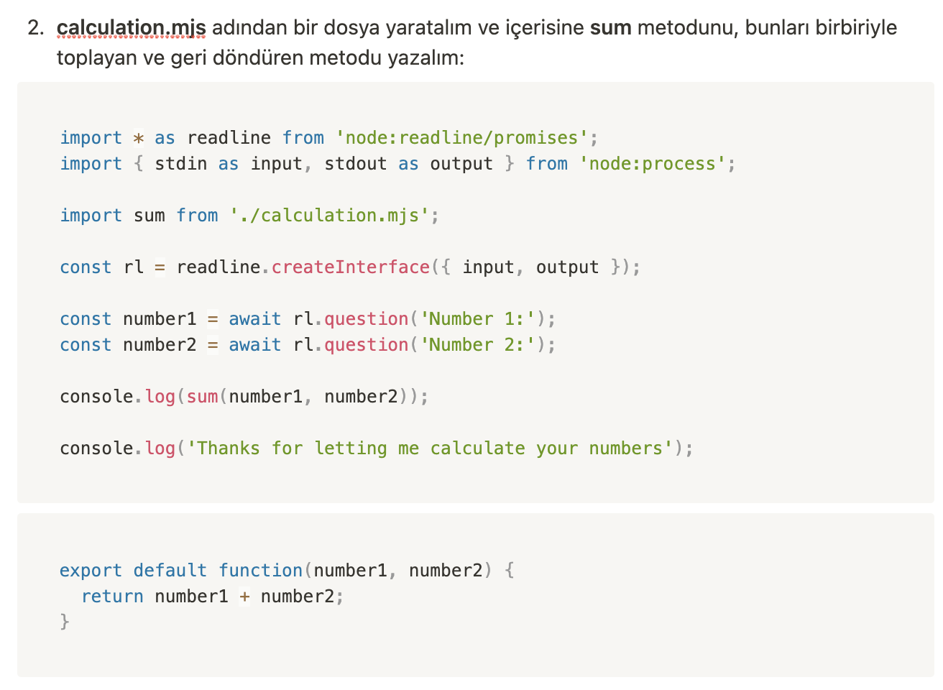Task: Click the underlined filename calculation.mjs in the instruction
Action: pos(131,28)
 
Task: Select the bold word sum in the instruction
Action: pos(610,28)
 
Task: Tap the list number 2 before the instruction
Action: pos(35,28)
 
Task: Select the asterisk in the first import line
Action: pos(139,138)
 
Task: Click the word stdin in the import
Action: pos(181,164)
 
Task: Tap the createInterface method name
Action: pos(351,267)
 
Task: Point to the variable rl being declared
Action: pos(134,267)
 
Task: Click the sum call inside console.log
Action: pos(203,397)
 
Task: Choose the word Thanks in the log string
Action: pos(229,448)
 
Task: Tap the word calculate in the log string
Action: pos(478,448)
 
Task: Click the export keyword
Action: pos(91,571)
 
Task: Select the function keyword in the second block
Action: pos(261,571)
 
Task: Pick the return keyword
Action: pos(113,597)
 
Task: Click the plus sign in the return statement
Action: pos(245,597)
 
